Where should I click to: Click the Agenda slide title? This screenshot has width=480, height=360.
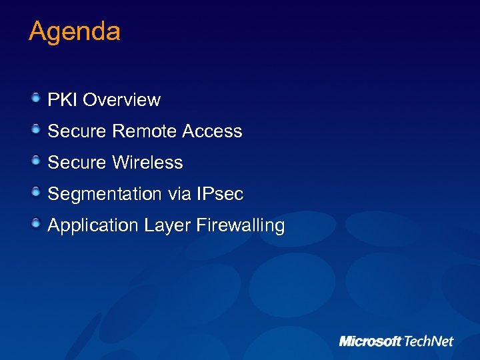click(x=75, y=32)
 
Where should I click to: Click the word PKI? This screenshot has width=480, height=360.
click(x=63, y=100)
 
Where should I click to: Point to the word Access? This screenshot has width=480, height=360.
click(x=212, y=131)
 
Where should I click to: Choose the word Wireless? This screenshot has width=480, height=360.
click(x=147, y=163)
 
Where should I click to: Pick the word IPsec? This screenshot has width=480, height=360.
click(x=220, y=194)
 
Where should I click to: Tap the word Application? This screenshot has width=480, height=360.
click(x=93, y=226)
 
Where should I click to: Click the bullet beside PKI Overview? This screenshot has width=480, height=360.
click(x=36, y=99)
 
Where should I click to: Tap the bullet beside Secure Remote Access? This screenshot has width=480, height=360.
click(x=36, y=130)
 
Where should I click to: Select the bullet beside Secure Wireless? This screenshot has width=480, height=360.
click(x=36, y=161)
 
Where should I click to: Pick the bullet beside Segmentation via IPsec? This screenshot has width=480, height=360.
click(x=36, y=193)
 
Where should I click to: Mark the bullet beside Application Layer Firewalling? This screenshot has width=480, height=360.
click(x=36, y=224)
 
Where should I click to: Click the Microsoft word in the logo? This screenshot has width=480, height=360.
click(x=370, y=341)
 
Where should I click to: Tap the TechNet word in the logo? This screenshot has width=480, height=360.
click(x=428, y=341)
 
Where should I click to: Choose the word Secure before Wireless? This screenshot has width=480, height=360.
click(x=77, y=163)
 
